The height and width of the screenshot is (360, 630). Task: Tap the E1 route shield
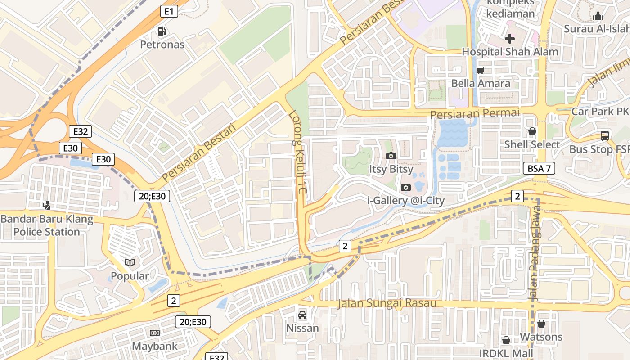point(169,11)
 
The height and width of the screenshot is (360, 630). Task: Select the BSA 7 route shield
point(539,169)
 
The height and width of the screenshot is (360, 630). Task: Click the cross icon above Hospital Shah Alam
point(509,38)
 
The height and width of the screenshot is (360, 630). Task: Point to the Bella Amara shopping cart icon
point(480,70)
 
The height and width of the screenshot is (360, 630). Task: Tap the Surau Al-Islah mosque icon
point(598,16)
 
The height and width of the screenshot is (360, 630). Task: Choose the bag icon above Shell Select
point(532,131)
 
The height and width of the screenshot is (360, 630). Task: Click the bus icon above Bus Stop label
point(605,135)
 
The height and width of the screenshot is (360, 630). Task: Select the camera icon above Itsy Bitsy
point(391,156)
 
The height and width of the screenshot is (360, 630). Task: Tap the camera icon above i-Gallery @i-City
point(406,187)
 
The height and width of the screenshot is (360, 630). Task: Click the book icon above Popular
point(130,262)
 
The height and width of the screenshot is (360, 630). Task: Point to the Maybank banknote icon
point(154,333)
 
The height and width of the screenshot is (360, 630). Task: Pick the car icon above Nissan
point(302,315)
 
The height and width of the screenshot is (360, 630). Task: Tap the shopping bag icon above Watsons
point(541,324)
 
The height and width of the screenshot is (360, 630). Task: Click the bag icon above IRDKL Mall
point(506,340)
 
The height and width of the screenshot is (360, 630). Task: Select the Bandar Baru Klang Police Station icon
point(46,206)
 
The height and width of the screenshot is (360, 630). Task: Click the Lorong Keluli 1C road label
point(298,153)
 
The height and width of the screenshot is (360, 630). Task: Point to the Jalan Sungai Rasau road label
point(387,303)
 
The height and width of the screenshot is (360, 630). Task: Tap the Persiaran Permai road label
point(475,113)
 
